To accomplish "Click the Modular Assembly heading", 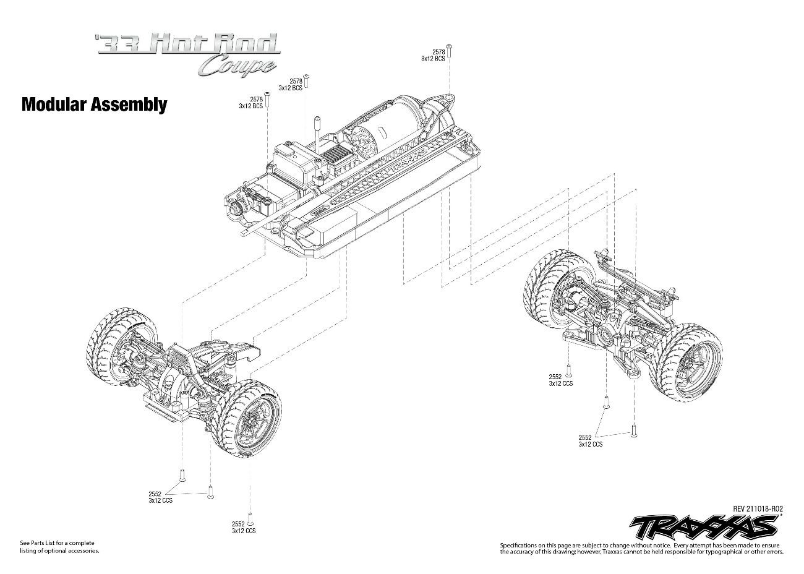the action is click(x=95, y=105).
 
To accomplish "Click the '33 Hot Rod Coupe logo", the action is click(x=187, y=54).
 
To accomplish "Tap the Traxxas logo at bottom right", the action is click(x=704, y=528).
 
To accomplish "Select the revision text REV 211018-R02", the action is click(x=758, y=508).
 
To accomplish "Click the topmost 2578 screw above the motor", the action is click(x=448, y=51).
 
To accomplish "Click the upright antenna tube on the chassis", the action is click(x=317, y=135).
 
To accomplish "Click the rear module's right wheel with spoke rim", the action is click(x=687, y=362).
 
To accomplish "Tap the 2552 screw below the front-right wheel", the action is click(x=250, y=523).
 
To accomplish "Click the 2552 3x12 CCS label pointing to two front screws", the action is click(x=160, y=497).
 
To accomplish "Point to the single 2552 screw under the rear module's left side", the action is click(x=568, y=370).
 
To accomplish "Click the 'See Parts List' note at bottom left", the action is click(x=59, y=547).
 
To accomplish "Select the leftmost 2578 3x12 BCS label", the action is click(x=251, y=103).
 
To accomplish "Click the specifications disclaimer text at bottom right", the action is click(x=642, y=549).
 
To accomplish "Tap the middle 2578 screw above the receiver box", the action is click(x=306, y=81).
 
